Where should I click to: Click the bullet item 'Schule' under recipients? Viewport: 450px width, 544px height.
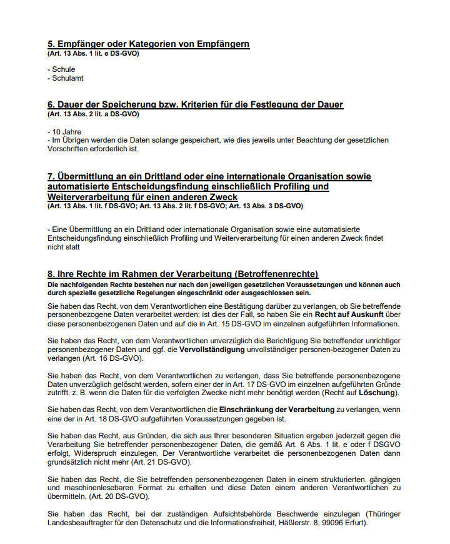pos(63,69)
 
